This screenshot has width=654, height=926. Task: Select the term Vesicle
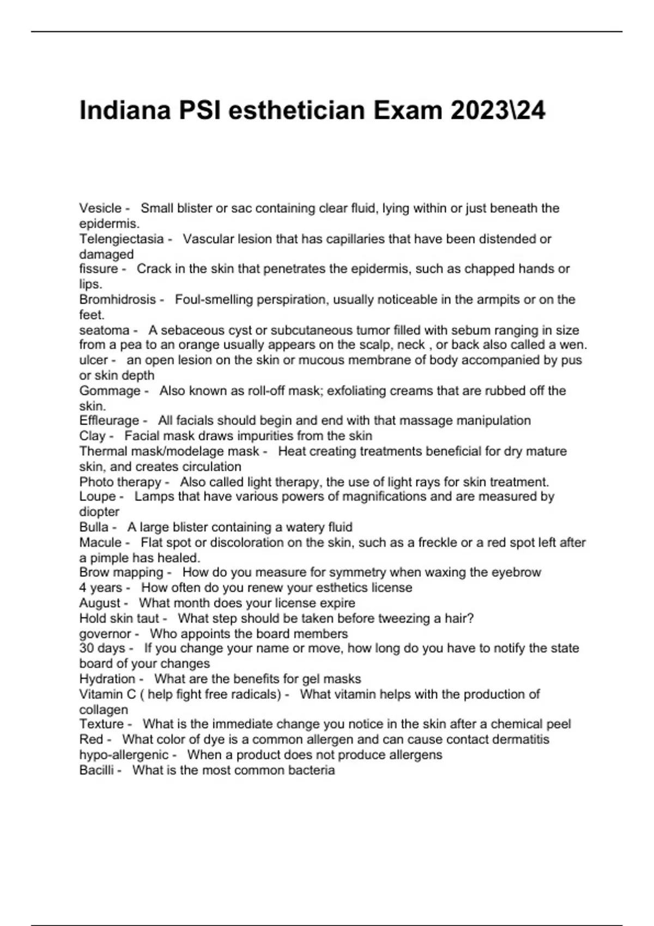(100, 208)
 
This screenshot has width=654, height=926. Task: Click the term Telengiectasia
(122, 239)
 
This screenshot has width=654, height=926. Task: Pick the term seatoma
(104, 330)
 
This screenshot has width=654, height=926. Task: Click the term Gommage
(110, 391)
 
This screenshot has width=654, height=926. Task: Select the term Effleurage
(109, 421)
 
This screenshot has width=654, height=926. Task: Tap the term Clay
(92, 436)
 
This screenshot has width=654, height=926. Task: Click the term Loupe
(98, 496)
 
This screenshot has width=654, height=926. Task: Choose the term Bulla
(94, 527)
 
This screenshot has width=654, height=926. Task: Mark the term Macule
(100, 543)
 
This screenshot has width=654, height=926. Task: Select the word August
(100, 603)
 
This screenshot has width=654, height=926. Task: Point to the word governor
(105, 634)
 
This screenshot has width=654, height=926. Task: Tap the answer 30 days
(102, 648)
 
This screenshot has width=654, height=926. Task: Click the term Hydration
(107, 679)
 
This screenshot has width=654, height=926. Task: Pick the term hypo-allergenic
(124, 755)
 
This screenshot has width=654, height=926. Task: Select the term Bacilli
(96, 770)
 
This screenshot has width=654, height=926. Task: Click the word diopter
(99, 511)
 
